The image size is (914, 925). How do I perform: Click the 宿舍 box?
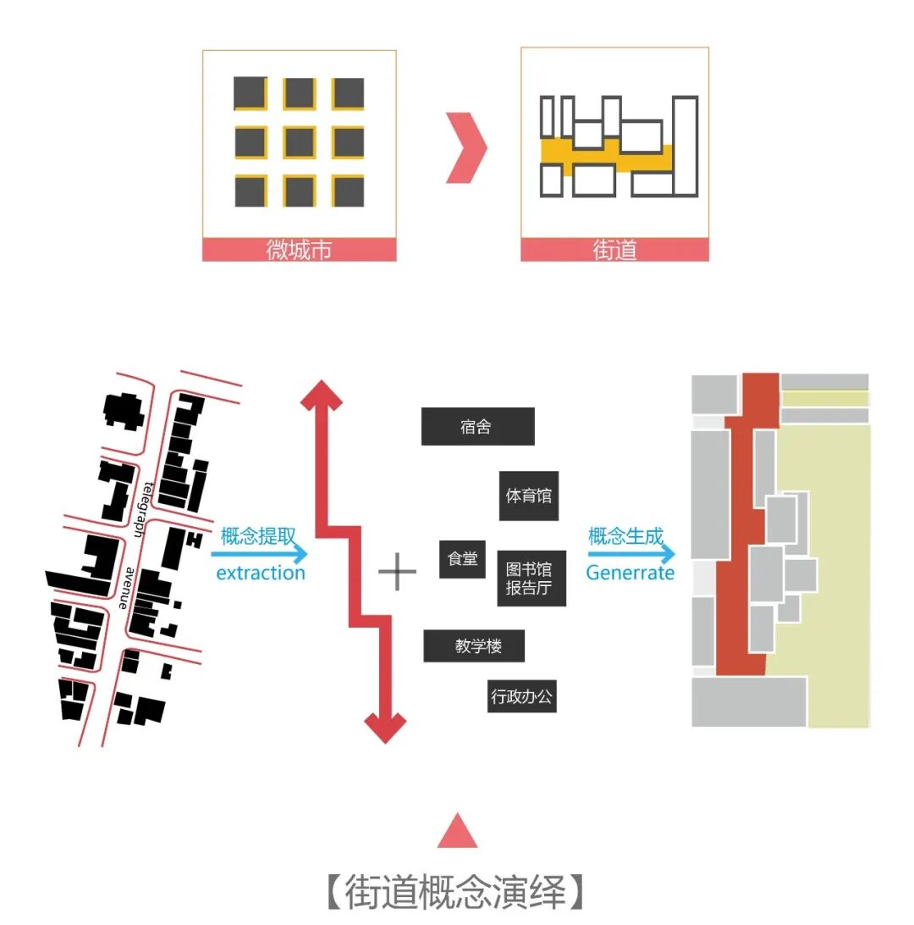477,426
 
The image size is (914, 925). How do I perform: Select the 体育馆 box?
528,496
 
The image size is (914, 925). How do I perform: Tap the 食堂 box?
462,559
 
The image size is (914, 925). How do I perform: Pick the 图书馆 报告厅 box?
531,578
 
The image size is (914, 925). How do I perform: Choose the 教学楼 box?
474,646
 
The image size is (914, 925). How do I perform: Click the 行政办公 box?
521,697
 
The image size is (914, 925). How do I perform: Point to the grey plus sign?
397,573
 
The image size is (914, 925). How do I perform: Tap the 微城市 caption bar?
299,250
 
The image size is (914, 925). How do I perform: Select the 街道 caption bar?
614,250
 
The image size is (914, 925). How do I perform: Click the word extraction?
261,573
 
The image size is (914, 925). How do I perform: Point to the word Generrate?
630,573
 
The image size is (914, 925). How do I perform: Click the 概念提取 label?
258,536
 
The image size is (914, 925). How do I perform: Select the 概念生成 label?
626,536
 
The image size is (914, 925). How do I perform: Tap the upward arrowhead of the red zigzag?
322,394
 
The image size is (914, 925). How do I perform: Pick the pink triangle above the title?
457,831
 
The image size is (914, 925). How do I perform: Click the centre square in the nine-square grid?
299,142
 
